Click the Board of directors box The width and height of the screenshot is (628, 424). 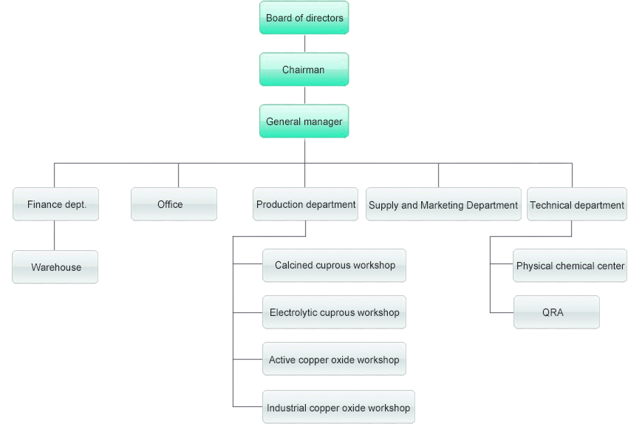pyautogui.click(x=304, y=18)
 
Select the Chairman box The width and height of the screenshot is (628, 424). pyautogui.click(x=304, y=70)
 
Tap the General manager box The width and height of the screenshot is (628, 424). pyautogui.click(x=304, y=121)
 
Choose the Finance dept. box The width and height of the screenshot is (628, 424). pyautogui.click(x=56, y=204)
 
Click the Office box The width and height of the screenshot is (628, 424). pyautogui.click(x=174, y=204)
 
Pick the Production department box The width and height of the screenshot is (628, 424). pyautogui.click(x=306, y=204)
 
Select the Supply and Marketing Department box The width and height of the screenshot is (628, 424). pyautogui.click(x=443, y=205)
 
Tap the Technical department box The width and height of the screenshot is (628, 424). pyautogui.click(x=576, y=205)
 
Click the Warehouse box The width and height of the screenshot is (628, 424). pyautogui.click(x=55, y=267)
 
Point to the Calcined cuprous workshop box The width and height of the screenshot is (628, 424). pyautogui.click(x=334, y=265)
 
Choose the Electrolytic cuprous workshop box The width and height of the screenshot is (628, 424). pyautogui.click(x=334, y=312)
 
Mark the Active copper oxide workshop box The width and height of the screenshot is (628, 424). pyautogui.click(x=334, y=360)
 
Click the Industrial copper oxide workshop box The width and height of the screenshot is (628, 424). pyautogui.click(x=338, y=407)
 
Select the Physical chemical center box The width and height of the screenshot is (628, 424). pyautogui.click(x=570, y=266)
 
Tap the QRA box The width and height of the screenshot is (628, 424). pyautogui.click(x=556, y=312)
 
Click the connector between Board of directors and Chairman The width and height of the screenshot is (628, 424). pyautogui.click(x=304, y=43)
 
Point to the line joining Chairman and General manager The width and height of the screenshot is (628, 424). pyautogui.click(x=304, y=95)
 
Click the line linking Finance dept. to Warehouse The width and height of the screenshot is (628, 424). pyautogui.click(x=55, y=236)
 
